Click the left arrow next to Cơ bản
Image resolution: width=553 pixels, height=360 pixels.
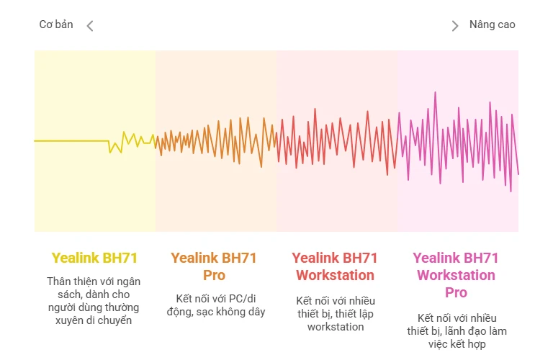click(x=90, y=26)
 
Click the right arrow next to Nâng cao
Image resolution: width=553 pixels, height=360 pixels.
click(x=454, y=26)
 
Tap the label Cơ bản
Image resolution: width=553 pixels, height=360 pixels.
click(x=56, y=24)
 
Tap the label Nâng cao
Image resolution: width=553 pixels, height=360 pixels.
click(x=493, y=24)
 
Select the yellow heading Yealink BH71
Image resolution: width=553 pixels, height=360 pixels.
click(x=94, y=258)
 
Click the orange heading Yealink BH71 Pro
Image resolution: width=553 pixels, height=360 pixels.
click(x=214, y=266)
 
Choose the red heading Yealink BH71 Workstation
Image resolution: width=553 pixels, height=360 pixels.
click(x=335, y=266)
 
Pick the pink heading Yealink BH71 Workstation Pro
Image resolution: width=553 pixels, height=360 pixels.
click(x=456, y=275)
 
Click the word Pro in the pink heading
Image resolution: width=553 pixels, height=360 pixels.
click(x=456, y=292)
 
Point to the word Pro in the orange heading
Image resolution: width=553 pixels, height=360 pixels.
click(x=214, y=275)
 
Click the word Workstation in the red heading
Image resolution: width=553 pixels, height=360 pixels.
click(x=335, y=275)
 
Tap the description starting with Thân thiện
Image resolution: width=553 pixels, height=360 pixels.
click(x=94, y=300)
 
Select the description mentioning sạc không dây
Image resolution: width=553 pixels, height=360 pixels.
click(x=214, y=305)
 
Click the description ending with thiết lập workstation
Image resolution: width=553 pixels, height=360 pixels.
click(x=335, y=313)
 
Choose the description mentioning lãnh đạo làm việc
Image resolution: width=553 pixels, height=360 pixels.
click(x=456, y=330)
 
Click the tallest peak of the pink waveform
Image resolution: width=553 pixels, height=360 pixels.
click(x=435, y=92)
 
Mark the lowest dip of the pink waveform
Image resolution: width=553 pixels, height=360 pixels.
click(x=511, y=191)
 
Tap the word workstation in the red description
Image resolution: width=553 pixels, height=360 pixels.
click(x=335, y=326)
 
